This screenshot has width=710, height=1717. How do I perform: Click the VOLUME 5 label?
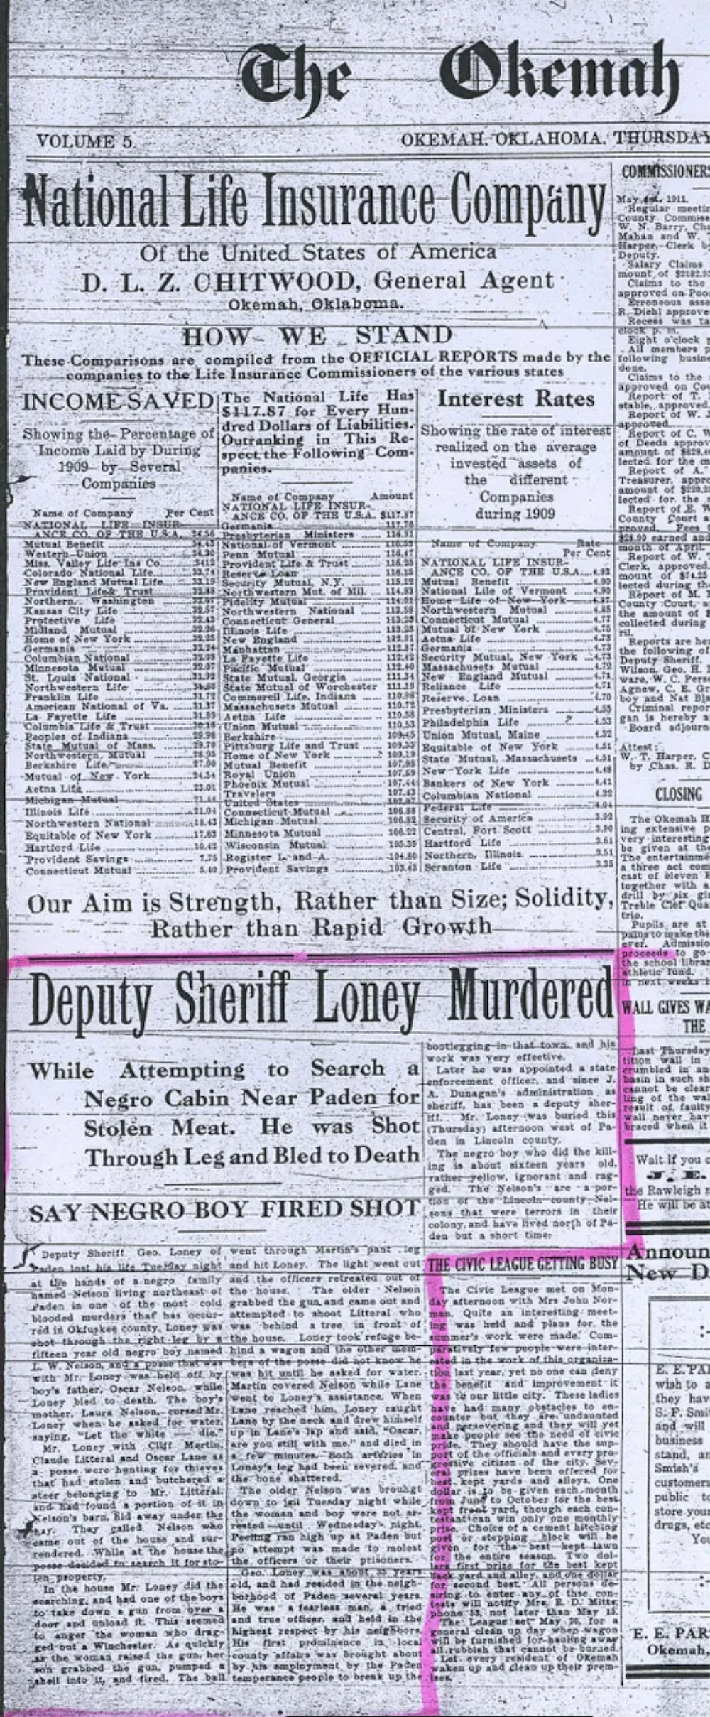[85, 141]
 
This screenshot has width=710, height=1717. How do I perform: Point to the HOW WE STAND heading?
[317, 335]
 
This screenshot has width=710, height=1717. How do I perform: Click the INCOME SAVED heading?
[118, 401]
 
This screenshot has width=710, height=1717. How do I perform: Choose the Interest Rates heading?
[515, 399]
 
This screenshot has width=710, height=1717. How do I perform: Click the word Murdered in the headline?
[530, 1000]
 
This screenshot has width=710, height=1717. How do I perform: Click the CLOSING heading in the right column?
[678, 793]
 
